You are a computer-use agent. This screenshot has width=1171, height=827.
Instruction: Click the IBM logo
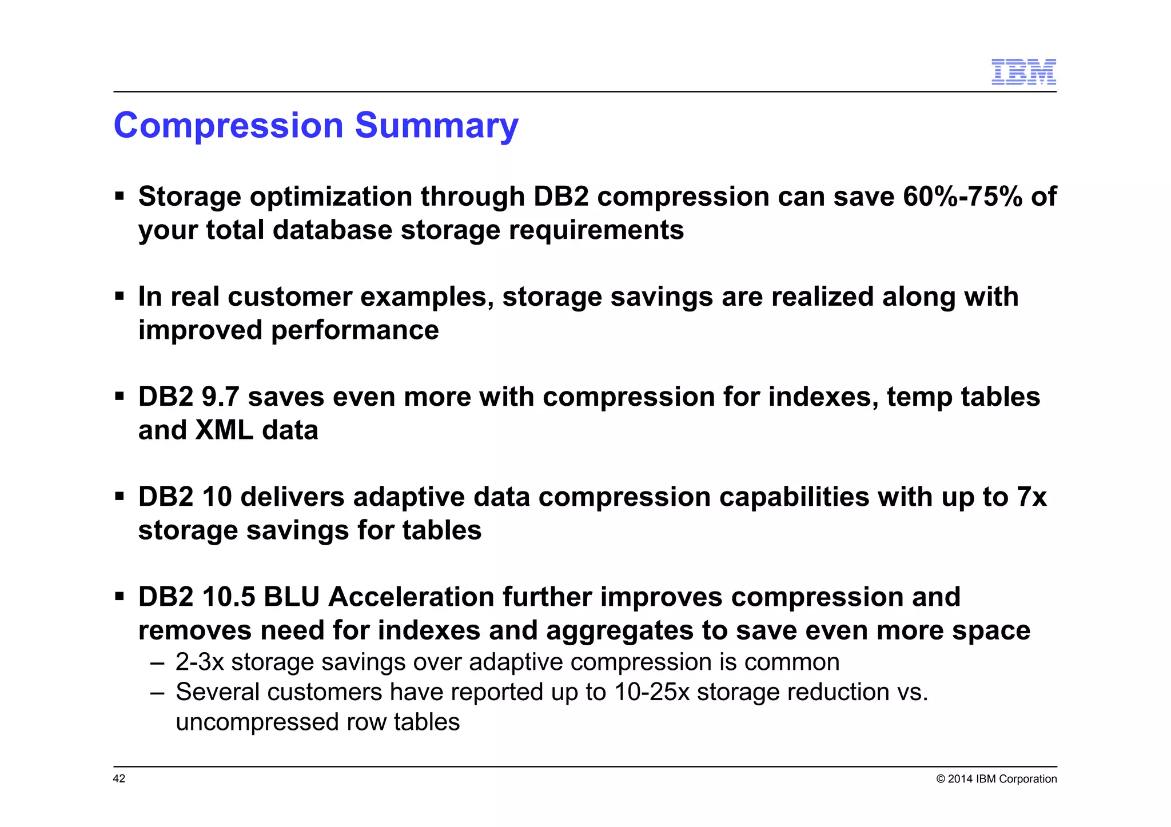click(1023, 72)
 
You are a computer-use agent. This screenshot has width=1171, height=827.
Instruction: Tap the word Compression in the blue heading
click(228, 126)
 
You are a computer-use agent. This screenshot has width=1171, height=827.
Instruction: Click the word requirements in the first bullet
click(596, 230)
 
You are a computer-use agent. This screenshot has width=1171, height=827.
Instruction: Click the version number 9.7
click(220, 397)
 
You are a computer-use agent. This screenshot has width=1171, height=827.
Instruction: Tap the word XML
click(224, 430)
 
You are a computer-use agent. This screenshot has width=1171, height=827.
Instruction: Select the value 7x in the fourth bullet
click(1031, 497)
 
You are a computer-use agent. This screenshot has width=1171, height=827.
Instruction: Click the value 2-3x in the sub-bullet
click(200, 662)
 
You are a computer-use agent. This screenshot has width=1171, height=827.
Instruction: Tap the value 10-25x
click(652, 692)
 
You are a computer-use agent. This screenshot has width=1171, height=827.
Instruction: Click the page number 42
click(119, 779)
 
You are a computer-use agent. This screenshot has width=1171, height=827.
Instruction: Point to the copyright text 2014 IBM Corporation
click(1002, 779)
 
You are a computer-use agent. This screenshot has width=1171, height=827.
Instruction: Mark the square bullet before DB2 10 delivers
click(120, 496)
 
